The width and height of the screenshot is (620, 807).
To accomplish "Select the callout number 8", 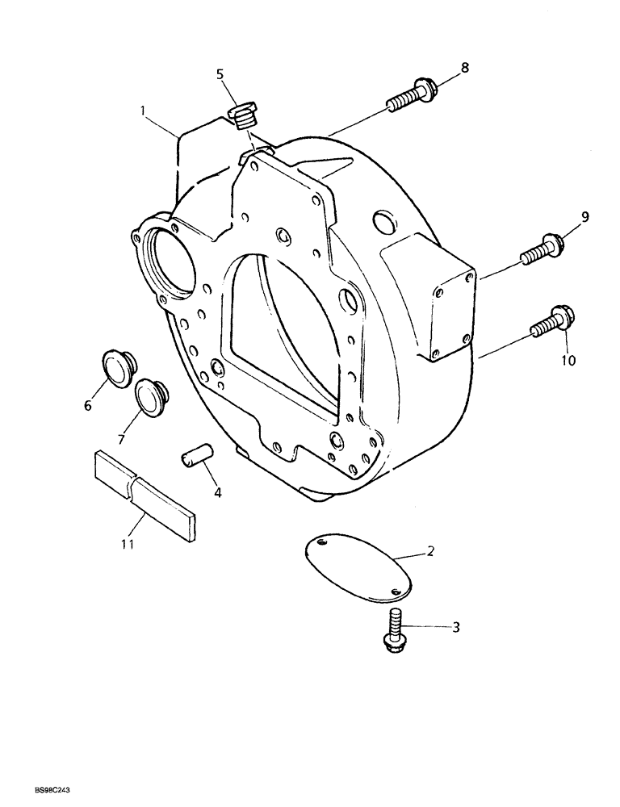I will [464, 68].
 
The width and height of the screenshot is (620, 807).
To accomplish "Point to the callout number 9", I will [585, 216].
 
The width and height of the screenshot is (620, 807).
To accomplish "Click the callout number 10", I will [569, 360].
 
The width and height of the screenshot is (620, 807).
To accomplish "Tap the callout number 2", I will [430, 551].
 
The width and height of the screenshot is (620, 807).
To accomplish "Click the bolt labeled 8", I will [411, 94].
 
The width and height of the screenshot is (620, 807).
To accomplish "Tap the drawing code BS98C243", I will [34, 795].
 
